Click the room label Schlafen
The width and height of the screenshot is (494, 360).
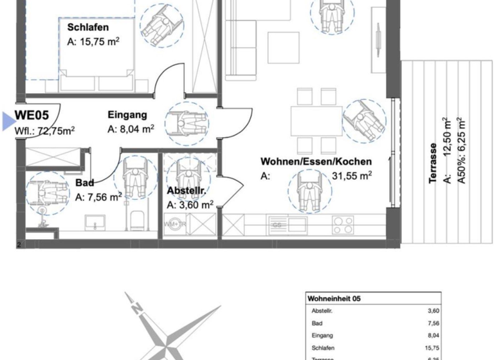[87, 27]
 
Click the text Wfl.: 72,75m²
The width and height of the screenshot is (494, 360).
[44, 130]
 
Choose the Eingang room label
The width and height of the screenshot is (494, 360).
[127, 115]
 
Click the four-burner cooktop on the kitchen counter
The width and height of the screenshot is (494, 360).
[342, 225]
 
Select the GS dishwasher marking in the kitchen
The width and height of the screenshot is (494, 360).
[278, 225]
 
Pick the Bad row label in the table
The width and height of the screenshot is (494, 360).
[316, 323]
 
